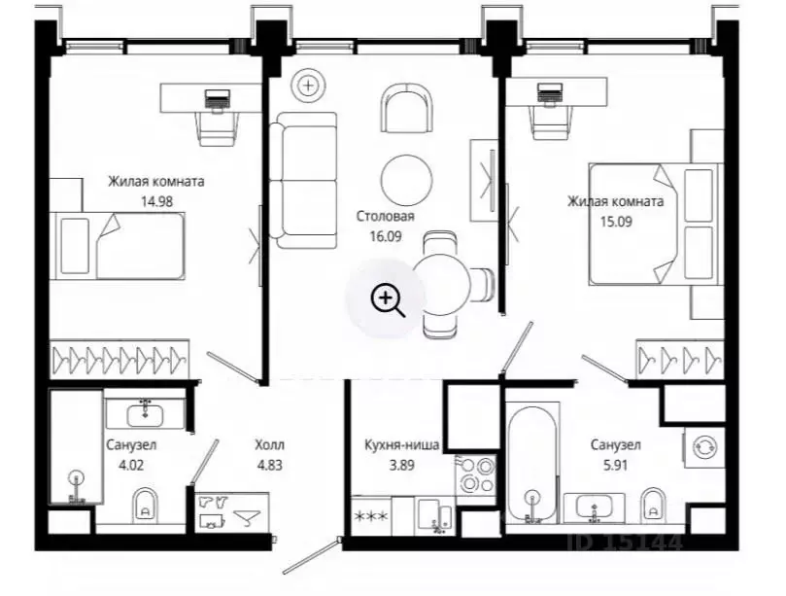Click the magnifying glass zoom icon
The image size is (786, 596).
tap(387, 300)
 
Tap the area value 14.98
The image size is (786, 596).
tap(156, 201)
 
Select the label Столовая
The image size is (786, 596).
tap(386, 216)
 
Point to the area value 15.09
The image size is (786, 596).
tap(616, 222)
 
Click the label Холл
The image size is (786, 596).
tap(270, 445)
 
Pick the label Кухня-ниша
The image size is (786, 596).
tap(401, 445)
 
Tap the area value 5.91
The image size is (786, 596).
tap(616, 465)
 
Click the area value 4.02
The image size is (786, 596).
tap(131, 465)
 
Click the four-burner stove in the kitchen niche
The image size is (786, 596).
tap(476, 475)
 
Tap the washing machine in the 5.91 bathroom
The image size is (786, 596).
tap(703, 447)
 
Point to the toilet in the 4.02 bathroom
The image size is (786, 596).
tap(146, 506)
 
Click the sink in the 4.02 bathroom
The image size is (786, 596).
tap(145, 414)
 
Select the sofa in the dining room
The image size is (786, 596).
tap(303, 181)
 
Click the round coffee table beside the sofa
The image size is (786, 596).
tap(406, 180)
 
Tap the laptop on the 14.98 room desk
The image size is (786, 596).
tap(218, 98)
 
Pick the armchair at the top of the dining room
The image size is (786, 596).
tap(407, 108)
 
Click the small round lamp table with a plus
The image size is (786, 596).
tap(309, 86)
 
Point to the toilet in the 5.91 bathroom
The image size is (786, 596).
tap(653, 505)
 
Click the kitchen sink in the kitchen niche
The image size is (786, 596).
tap(435, 515)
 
